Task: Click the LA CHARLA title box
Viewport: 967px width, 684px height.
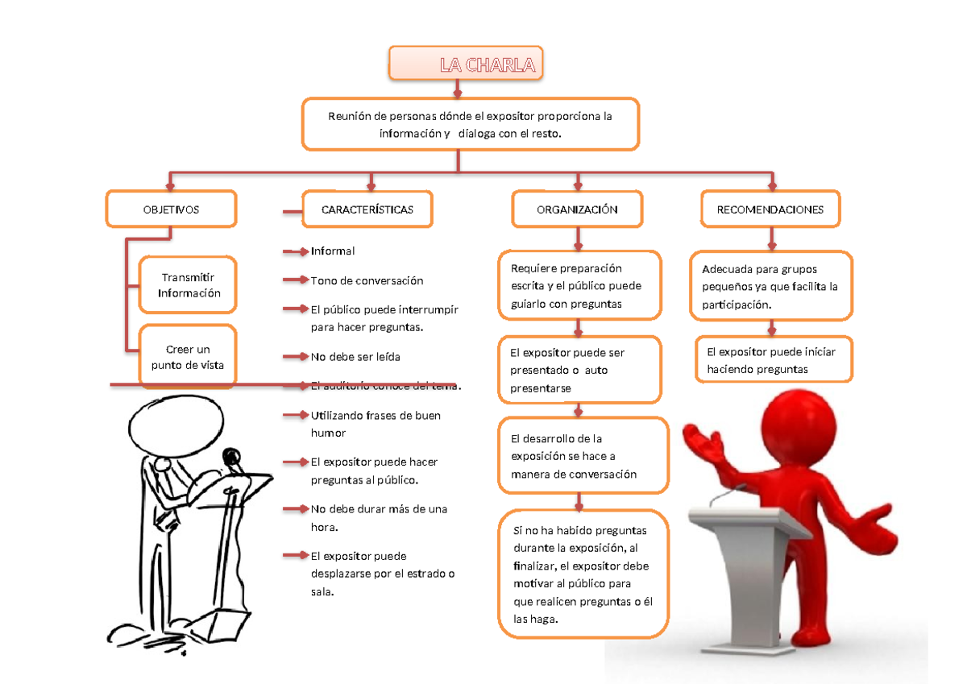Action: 465,64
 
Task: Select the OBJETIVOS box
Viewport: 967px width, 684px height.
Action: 171,209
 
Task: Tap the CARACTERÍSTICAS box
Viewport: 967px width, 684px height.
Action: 367,209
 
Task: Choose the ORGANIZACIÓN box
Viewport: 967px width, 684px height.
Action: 577,209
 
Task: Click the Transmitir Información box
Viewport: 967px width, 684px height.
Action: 189,284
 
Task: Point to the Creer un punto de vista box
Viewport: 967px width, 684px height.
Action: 189,357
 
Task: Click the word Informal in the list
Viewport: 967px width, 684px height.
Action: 333,251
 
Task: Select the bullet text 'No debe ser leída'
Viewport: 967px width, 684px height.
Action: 355,356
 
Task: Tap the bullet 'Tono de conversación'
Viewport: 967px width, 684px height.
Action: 367,280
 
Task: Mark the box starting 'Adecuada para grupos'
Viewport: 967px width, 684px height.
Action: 771,286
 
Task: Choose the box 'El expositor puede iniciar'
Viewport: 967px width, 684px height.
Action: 772,360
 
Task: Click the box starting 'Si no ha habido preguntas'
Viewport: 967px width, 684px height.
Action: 583,574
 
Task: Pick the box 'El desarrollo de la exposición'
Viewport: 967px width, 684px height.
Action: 583,456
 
